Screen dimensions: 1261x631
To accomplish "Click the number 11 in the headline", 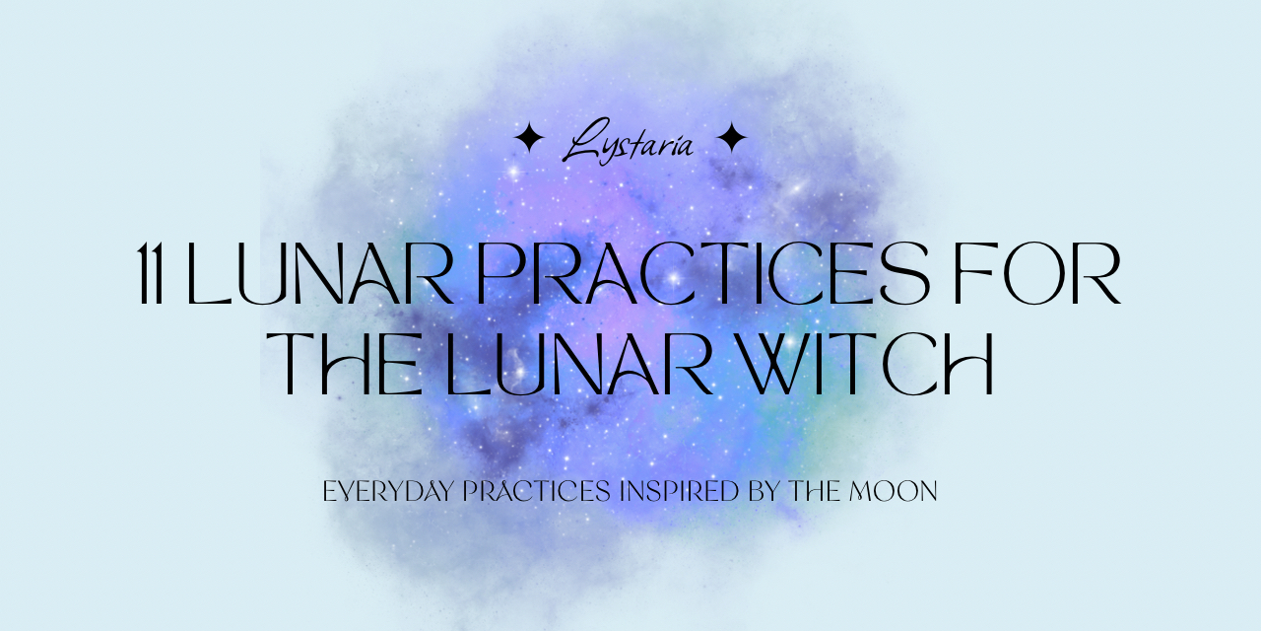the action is [151, 274].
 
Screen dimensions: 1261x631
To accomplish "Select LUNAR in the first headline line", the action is [320, 274].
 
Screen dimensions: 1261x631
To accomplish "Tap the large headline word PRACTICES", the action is [703, 273].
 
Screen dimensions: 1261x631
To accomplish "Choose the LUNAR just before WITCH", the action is [580, 364].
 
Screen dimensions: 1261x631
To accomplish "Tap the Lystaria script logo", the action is [628, 141].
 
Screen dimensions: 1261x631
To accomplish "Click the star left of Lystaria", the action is [529, 137].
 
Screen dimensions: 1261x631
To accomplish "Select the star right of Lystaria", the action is [732, 137].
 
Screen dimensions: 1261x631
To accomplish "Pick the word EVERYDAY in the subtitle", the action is [388, 491].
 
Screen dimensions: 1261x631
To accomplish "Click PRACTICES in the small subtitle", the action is [537, 491].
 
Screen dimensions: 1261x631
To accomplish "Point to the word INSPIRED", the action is [679, 491].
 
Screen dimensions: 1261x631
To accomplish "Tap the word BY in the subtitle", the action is [763, 491].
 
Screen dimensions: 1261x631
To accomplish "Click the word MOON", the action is [894, 491].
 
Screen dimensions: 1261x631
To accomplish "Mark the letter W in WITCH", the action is [778, 364].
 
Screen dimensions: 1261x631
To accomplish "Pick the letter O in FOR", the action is [1031, 274].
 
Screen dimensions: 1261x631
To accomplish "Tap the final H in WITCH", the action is [967, 364].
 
